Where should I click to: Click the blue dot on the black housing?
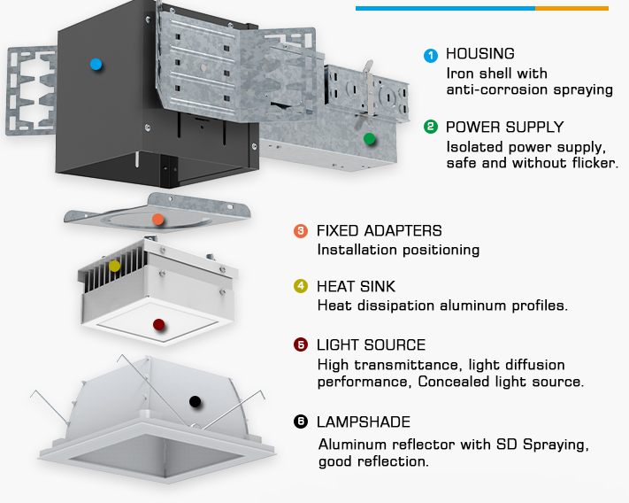pyautogui.click(x=96, y=64)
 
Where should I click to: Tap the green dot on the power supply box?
pyautogui.click(x=370, y=138)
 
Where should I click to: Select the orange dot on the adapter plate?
pyautogui.click(x=157, y=219)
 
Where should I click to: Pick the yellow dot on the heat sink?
pyautogui.click(x=114, y=265)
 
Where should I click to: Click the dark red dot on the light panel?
pyautogui.click(x=158, y=325)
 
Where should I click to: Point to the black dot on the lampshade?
pyautogui.click(x=195, y=401)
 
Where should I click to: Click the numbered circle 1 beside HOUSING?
pyautogui.click(x=431, y=55)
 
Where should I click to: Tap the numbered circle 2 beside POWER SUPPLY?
pyautogui.click(x=431, y=127)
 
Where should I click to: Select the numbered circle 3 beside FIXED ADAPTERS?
pyautogui.click(x=301, y=231)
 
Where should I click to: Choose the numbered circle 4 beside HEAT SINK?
pyautogui.click(x=301, y=286)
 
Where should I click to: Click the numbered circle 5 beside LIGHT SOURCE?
pyautogui.click(x=301, y=344)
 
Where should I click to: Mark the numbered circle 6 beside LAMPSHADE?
pyautogui.click(x=301, y=422)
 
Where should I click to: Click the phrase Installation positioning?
pyautogui.click(x=398, y=250)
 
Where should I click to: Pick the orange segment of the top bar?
pyautogui.click(x=571, y=8)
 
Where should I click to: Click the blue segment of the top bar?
pyautogui.click(x=445, y=8)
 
